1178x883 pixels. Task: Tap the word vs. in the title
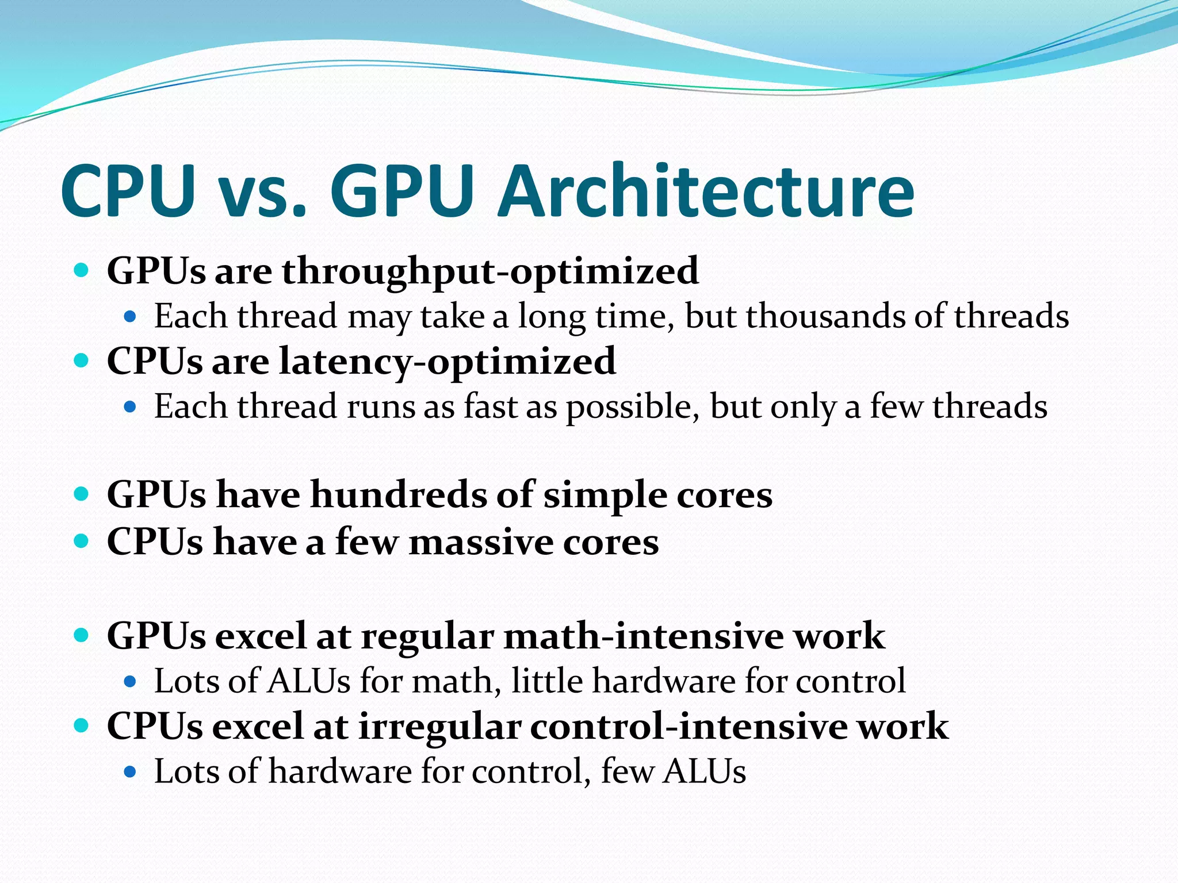pyautogui.click(x=262, y=193)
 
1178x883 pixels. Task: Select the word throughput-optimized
pyautogui.click(x=490, y=271)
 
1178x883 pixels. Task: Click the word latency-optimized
pyautogui.click(x=448, y=362)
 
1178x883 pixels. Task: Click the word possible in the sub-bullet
pyautogui.click(x=633, y=407)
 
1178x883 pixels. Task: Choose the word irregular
pyautogui.click(x=439, y=726)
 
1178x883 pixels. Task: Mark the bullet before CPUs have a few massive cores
pyautogui.click(x=82, y=542)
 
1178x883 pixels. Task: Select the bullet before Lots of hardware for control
pyautogui.click(x=130, y=771)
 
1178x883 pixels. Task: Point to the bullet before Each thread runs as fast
pyautogui.click(x=130, y=407)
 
